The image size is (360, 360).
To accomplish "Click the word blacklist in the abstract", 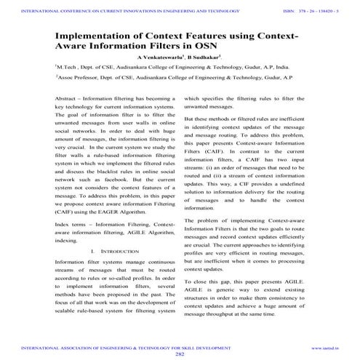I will pyautogui.click(x=109, y=169).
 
